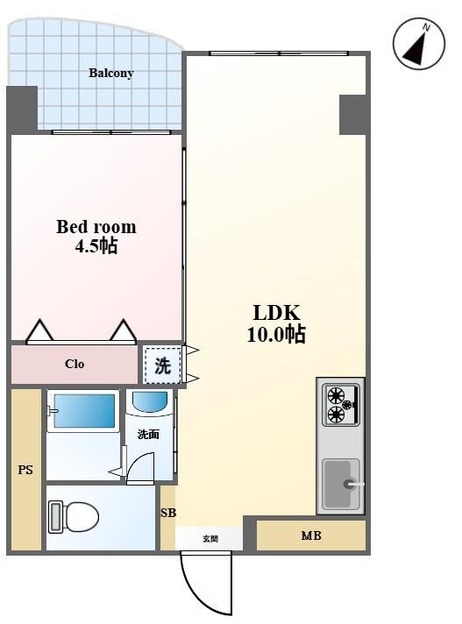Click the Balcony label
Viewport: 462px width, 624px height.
pos(110,74)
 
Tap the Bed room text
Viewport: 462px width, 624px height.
pos(96,227)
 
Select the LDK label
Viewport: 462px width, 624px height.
pos(276,313)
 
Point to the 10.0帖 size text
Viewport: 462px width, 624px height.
pos(276,334)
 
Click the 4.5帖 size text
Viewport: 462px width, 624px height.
pos(96,245)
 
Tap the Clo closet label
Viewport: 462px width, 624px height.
pos(75,364)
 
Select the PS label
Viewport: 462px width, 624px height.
pos(25,470)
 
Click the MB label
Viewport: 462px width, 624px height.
pos(311,535)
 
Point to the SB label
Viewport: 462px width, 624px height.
pos(168,513)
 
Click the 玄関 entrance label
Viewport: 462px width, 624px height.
pos(210,539)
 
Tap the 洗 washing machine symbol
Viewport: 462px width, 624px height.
pos(162,365)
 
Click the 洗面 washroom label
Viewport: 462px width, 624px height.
pos(148,434)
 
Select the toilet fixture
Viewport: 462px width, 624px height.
pos(74,517)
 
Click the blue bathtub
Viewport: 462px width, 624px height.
pos(83,411)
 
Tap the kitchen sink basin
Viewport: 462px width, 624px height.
pos(341,485)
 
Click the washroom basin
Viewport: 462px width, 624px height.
pos(150,403)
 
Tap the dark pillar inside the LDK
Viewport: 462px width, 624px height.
pos(352,115)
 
